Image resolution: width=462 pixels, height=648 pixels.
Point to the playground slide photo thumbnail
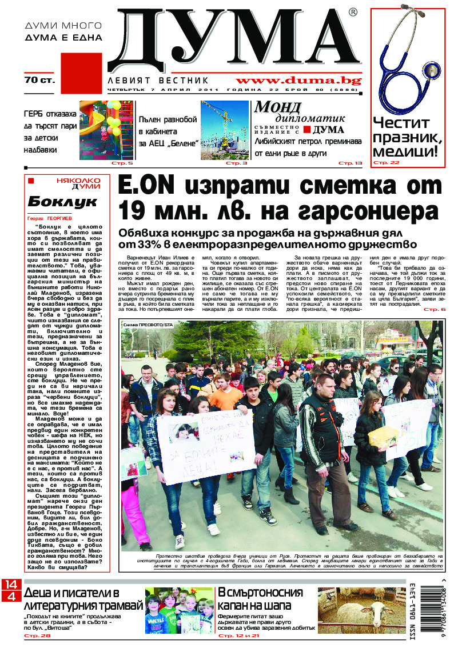click(107, 130)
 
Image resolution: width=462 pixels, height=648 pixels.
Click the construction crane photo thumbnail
click(224, 130)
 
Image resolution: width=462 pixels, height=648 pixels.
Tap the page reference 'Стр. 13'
click(350, 163)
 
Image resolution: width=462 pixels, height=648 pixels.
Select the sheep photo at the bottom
click(361, 610)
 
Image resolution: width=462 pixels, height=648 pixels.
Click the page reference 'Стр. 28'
click(35, 635)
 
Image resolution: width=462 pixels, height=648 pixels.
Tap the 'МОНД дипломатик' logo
click(300, 111)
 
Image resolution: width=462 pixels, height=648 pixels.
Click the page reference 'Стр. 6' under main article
click(434, 309)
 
